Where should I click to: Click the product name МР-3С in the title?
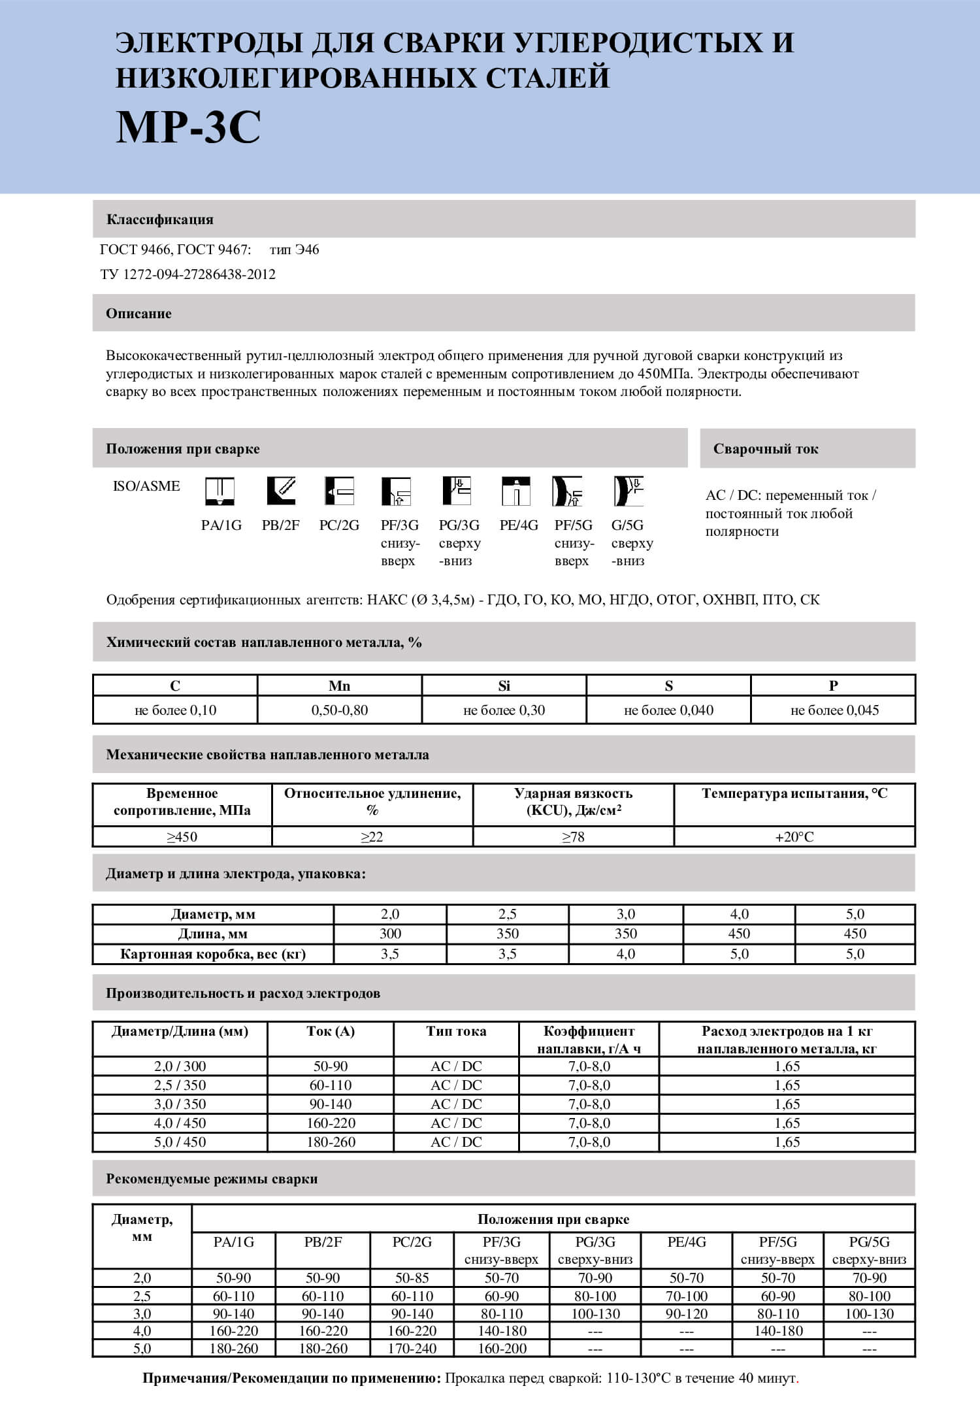click(x=188, y=127)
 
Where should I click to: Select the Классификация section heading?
click(x=160, y=220)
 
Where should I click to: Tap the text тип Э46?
click(x=294, y=250)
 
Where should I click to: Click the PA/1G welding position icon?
click(x=220, y=491)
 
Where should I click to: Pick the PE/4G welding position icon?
click(x=516, y=491)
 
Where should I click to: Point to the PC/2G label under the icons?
click(x=339, y=525)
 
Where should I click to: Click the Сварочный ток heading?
click(x=766, y=449)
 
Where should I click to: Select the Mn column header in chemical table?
click(x=339, y=685)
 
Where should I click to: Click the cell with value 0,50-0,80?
click(x=339, y=710)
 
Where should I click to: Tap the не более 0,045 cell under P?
click(x=834, y=710)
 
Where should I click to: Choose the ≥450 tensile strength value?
click(x=182, y=837)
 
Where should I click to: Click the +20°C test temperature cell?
click(x=794, y=837)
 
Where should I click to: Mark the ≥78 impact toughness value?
click(x=573, y=837)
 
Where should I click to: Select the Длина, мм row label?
click(x=213, y=934)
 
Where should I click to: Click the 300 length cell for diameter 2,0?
click(x=390, y=934)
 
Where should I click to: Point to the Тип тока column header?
click(x=456, y=1032)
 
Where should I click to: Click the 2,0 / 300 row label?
click(x=180, y=1066)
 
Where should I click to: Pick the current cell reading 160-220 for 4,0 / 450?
click(x=331, y=1123)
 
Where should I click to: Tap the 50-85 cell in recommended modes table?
click(x=412, y=1278)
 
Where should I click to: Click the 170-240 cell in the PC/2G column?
click(x=412, y=1349)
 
